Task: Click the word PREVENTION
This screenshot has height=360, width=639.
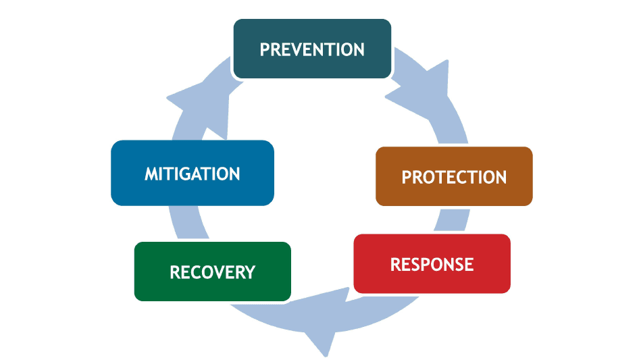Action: pos(312,49)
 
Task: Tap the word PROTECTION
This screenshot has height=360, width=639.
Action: pos(454,177)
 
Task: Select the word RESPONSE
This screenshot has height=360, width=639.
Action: pos(432,263)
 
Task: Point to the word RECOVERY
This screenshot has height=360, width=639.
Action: pos(212,272)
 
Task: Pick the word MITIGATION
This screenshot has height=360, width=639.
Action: pos(192,174)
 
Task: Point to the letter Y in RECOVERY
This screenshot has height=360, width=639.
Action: pos(249,272)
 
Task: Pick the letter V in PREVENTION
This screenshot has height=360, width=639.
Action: pos(299,49)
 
